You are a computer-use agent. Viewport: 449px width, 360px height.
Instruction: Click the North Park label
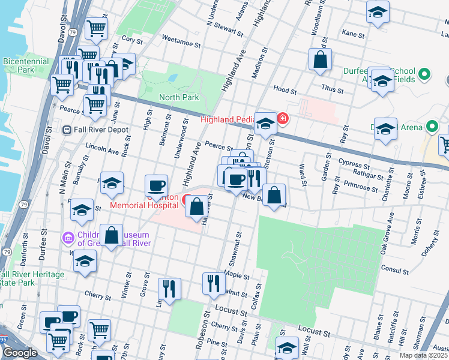coord(178,97)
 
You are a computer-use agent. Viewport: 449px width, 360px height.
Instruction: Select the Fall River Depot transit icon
coord(67,130)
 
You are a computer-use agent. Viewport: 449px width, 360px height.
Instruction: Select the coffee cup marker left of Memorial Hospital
coord(157,186)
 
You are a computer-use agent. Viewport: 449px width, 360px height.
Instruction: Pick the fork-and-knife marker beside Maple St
coord(213,283)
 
